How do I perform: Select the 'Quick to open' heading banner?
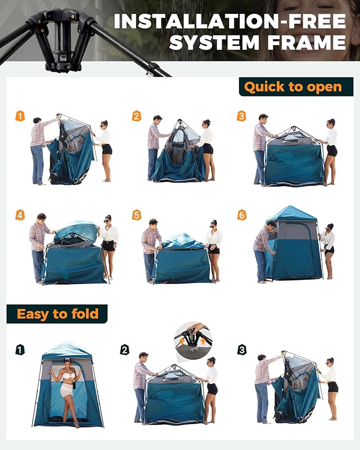[293, 87]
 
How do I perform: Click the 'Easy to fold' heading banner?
[57, 314]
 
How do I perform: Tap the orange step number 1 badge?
[20, 116]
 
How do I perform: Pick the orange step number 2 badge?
[136, 116]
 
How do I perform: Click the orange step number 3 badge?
[241, 116]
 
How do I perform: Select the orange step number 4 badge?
[20, 215]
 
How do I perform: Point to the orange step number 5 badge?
[136, 215]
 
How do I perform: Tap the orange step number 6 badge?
[241, 215]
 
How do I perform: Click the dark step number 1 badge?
[20, 349]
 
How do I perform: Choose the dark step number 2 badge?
[125, 349]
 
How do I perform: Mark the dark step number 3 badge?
[241, 349]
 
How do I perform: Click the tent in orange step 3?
[294, 159]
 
